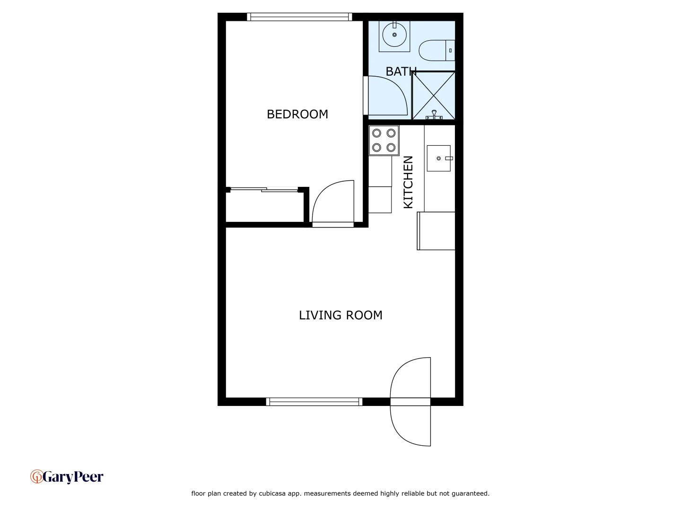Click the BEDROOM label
coord(297,114)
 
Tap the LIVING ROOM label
coord(340,315)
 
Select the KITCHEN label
coord(408,182)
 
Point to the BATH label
coord(401,71)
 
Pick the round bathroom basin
coord(394,35)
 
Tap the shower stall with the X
coord(434,95)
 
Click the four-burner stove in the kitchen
coord(384,140)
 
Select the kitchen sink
coord(439,158)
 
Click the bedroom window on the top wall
coord(299,17)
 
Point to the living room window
coord(314,402)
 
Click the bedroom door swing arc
coord(332,201)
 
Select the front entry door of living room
coord(410,402)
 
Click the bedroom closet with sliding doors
coord(265,206)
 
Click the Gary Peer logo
coord(67,476)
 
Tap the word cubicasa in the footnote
coord(272,493)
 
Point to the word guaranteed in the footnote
coord(470,493)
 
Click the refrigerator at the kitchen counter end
coord(436,231)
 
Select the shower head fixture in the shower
coord(434,114)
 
